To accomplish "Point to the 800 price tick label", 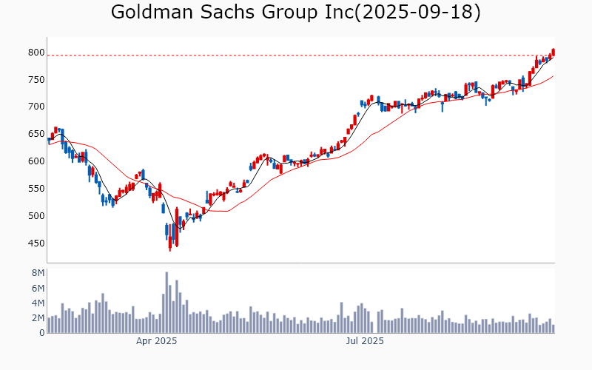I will [36, 53].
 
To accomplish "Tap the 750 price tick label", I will [36, 80].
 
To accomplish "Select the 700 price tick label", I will [36, 107].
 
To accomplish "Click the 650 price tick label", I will [36, 134].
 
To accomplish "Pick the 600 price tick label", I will [36, 161].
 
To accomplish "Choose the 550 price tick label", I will [36, 189].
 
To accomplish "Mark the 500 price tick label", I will [36, 216].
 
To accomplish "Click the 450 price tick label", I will [36, 243].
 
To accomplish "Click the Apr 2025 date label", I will [156, 341].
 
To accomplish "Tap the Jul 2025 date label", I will [366, 341].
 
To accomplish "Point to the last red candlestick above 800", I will [553, 52].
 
